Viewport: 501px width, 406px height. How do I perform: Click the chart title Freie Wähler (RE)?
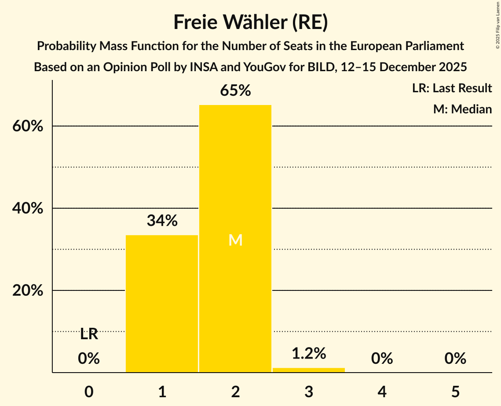click(x=250, y=22)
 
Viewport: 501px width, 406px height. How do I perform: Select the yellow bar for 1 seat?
click(x=162, y=304)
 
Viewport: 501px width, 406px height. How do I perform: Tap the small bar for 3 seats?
click(x=309, y=370)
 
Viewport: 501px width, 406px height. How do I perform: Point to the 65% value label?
click(x=235, y=91)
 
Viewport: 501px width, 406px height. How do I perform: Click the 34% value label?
click(x=162, y=221)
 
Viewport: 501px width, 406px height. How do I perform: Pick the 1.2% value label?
click(x=309, y=353)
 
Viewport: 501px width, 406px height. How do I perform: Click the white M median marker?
click(x=235, y=240)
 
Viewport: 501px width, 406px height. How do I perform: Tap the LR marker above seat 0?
click(x=89, y=334)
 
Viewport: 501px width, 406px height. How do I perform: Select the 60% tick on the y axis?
click(x=27, y=127)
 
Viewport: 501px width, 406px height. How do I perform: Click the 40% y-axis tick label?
click(x=27, y=209)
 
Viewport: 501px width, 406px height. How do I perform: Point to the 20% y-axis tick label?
click(x=27, y=291)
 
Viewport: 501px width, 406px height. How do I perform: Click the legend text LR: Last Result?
click(x=452, y=88)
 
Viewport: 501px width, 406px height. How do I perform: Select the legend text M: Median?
click(x=462, y=109)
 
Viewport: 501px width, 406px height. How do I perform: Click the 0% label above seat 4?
click(x=382, y=359)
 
